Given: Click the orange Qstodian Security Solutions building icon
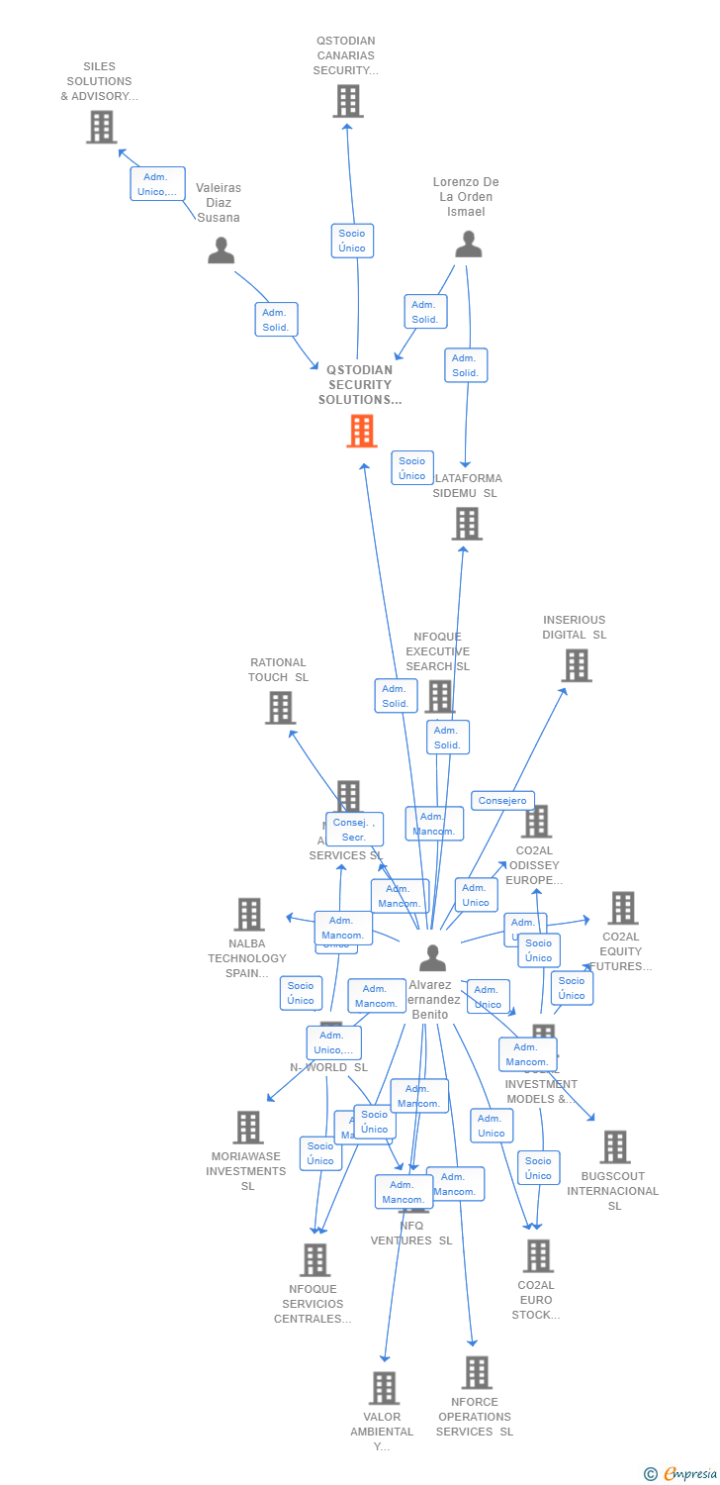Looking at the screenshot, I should tap(361, 431).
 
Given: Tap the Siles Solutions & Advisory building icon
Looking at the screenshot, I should tap(101, 127).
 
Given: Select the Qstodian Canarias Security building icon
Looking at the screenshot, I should tap(347, 101).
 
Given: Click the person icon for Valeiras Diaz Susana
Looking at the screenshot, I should tap(221, 250).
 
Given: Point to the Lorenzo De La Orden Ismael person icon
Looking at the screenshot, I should tap(468, 244).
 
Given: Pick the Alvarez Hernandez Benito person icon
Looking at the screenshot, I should tap(432, 958).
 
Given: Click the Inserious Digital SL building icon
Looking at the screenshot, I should tap(576, 665).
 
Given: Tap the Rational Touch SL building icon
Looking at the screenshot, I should tap(280, 707).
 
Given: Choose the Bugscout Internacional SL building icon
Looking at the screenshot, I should tap(614, 1146).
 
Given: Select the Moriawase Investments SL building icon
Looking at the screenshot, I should tap(247, 1127).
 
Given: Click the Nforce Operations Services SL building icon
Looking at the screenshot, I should tap(477, 1372).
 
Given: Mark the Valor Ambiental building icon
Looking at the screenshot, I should tap(384, 1387).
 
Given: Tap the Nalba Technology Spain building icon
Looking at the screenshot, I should tap(249, 914).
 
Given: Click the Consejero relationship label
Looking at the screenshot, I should tap(502, 800).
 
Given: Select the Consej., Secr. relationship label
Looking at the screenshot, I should tap(354, 830).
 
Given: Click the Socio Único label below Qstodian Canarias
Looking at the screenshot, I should tap(352, 241).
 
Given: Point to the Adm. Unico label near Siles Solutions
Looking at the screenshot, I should tap(157, 184).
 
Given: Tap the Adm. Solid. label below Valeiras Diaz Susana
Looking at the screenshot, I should tap(276, 319).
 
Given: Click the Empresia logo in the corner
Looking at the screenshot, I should tap(681, 1473).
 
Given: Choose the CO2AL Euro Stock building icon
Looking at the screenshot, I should tap(537, 1255).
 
